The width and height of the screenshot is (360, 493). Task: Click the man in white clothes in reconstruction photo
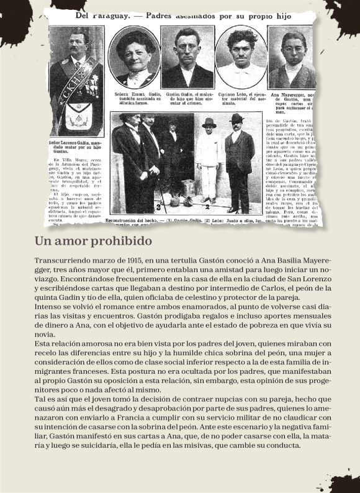209,165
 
